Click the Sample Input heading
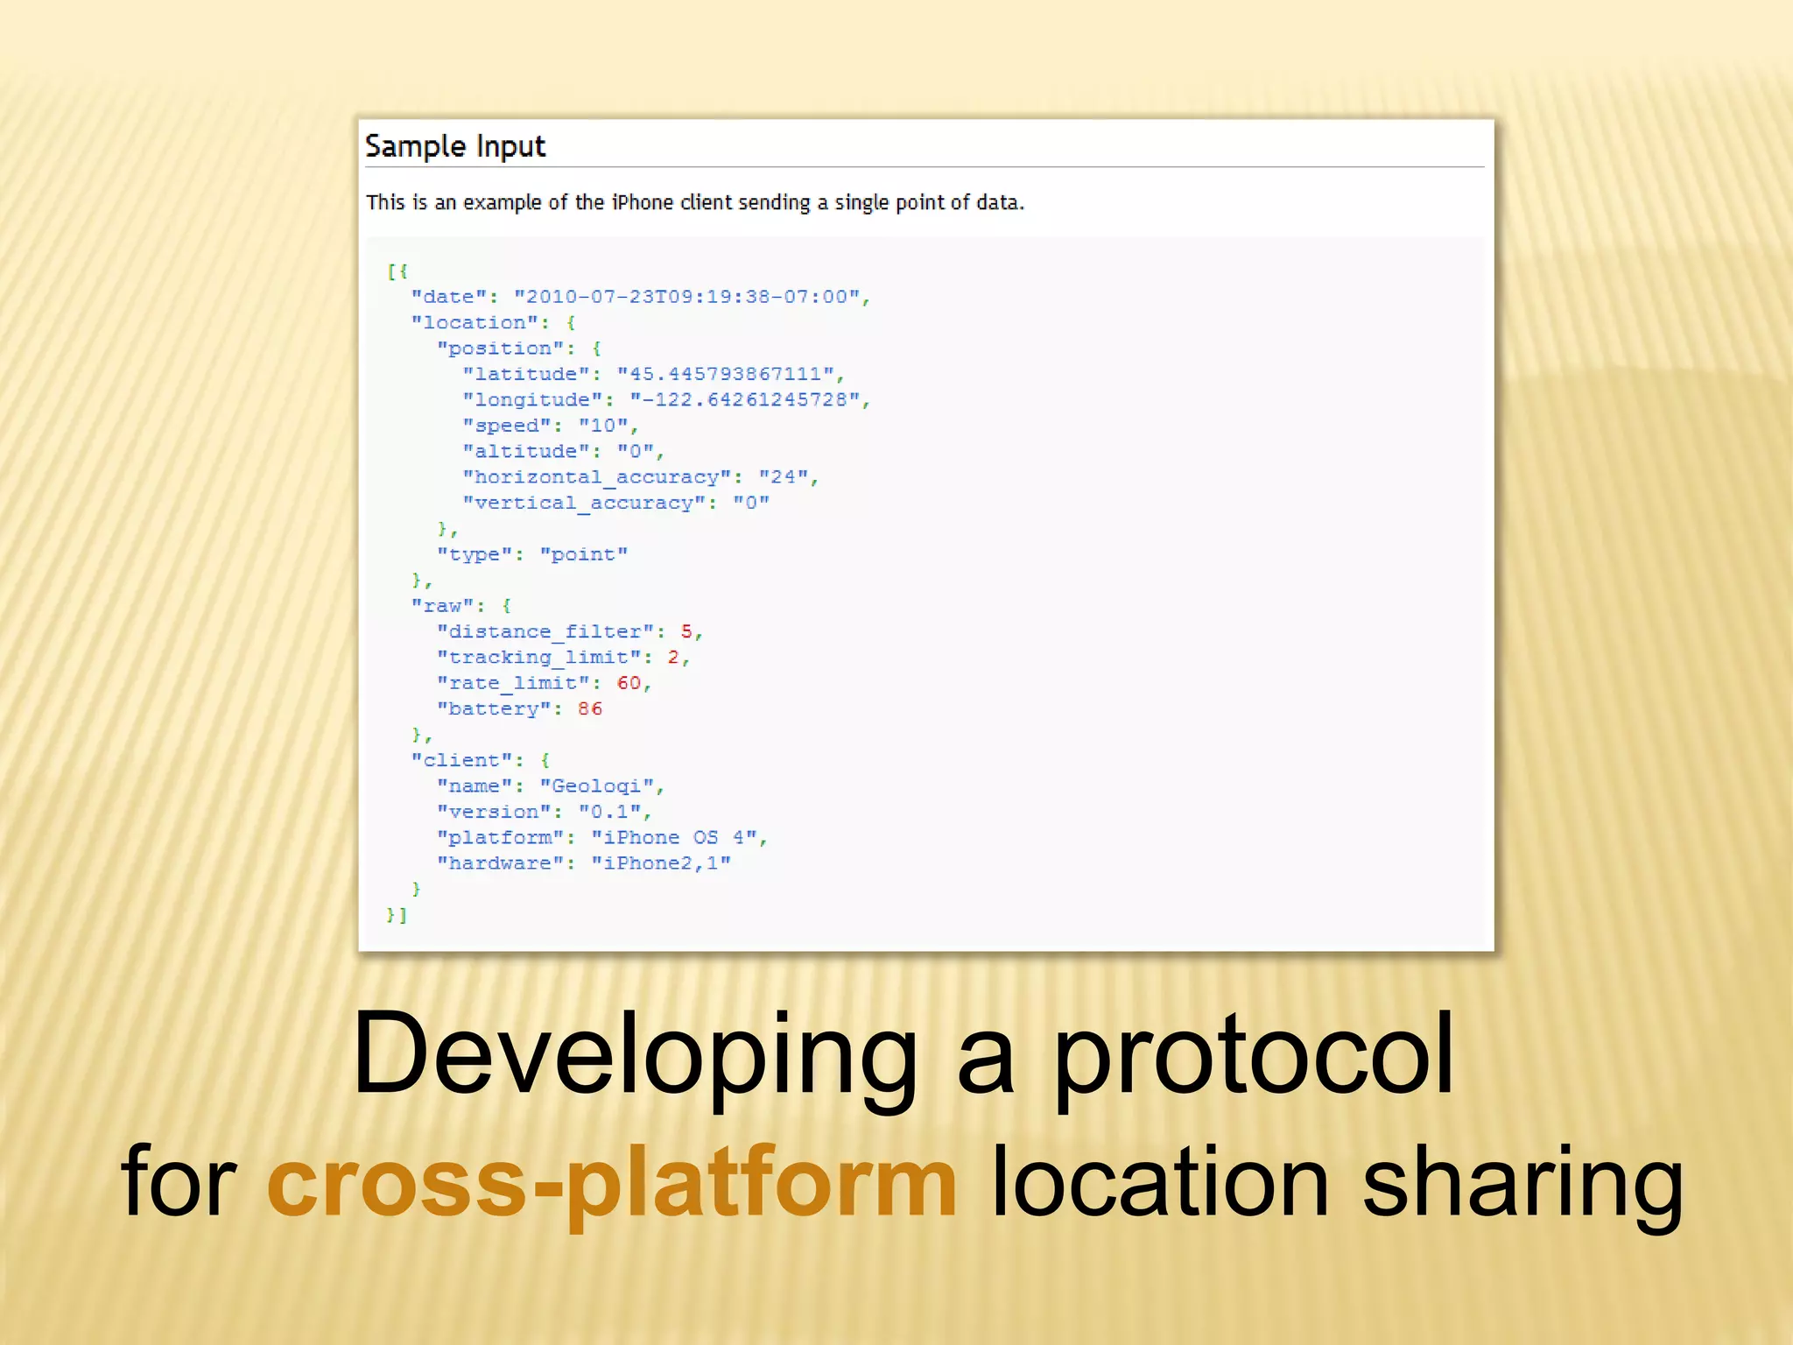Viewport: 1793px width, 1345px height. coord(454,146)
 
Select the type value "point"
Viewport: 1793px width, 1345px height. coord(584,554)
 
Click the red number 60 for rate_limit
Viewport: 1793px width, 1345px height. coord(629,683)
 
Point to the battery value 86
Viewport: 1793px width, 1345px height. coord(590,708)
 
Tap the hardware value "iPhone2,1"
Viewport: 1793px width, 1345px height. coord(661,863)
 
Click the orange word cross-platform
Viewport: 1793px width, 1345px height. coord(612,1182)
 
